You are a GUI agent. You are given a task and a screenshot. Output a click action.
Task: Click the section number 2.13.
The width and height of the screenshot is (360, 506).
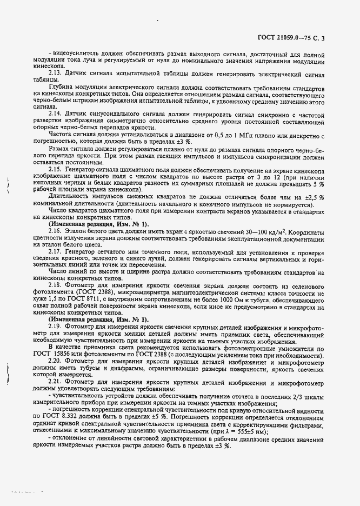pos(56,72)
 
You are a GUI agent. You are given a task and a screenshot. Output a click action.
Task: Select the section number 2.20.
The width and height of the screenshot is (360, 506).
pos(56,360)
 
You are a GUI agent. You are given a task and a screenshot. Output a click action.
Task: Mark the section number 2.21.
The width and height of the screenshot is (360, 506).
pos(56,383)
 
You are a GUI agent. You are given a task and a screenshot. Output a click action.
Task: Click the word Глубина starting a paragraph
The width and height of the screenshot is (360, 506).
pos(62,86)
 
